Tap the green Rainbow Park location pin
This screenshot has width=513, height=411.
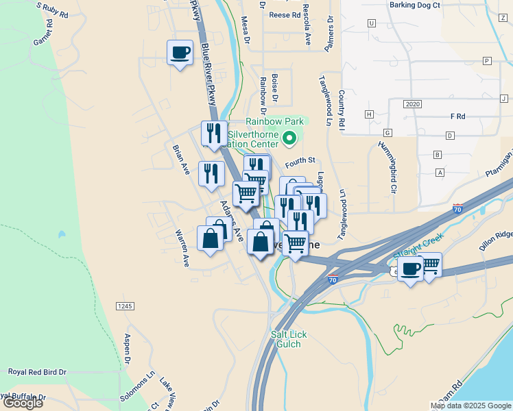(289, 139)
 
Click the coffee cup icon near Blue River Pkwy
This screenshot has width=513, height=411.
(180, 53)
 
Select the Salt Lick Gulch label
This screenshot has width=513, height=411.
(285, 338)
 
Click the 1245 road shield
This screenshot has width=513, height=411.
(124, 306)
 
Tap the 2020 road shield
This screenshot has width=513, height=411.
(412, 104)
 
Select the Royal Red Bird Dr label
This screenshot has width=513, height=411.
(37, 371)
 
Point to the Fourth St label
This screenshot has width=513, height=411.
(300, 160)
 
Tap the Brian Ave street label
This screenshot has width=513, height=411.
(181, 159)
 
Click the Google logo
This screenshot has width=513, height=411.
(22, 403)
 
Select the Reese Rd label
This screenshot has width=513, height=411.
(285, 14)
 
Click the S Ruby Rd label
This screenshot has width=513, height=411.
(52, 10)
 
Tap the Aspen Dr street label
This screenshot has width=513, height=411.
(127, 349)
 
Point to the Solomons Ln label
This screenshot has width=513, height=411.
(146, 384)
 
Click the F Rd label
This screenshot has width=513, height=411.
(457, 116)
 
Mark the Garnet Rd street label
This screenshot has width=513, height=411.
(43, 33)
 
